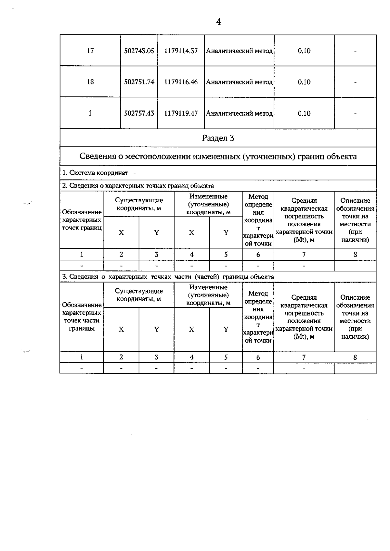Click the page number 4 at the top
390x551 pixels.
[x=218, y=22]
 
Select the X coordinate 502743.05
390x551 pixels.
[x=139, y=51]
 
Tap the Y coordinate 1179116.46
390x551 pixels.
[x=181, y=82]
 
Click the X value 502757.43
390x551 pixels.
[x=139, y=113]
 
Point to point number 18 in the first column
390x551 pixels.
[x=90, y=82]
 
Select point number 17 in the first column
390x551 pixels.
[x=90, y=51]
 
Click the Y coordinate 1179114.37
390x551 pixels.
[x=181, y=51]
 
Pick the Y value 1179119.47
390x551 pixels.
[x=181, y=113]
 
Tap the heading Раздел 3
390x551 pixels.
[x=218, y=138]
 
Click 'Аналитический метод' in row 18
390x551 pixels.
[x=239, y=82]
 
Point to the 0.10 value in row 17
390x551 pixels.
[x=304, y=51]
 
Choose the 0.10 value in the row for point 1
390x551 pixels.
[x=304, y=113]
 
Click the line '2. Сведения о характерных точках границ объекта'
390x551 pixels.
[x=138, y=186]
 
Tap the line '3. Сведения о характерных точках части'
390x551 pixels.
[x=168, y=277]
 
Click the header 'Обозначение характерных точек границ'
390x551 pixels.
[x=82, y=220]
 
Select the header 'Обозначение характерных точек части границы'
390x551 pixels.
[x=82, y=317]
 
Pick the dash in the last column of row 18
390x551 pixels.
[x=356, y=82]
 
